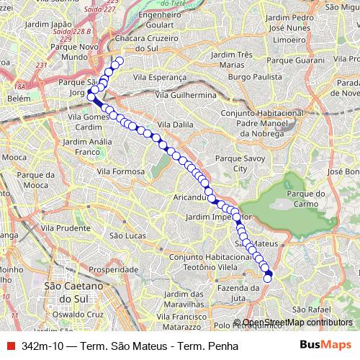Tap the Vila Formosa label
pyautogui.click(x=120, y=171)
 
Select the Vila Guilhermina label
pyautogui.click(x=191, y=94)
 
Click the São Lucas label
pyautogui.click(x=125, y=235)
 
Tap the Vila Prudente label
pyautogui.click(x=63, y=228)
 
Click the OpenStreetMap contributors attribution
pyautogui.click(x=297, y=323)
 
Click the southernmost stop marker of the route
pyautogui.click(x=268, y=278)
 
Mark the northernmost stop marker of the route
pyautogui.click(x=120, y=61)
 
